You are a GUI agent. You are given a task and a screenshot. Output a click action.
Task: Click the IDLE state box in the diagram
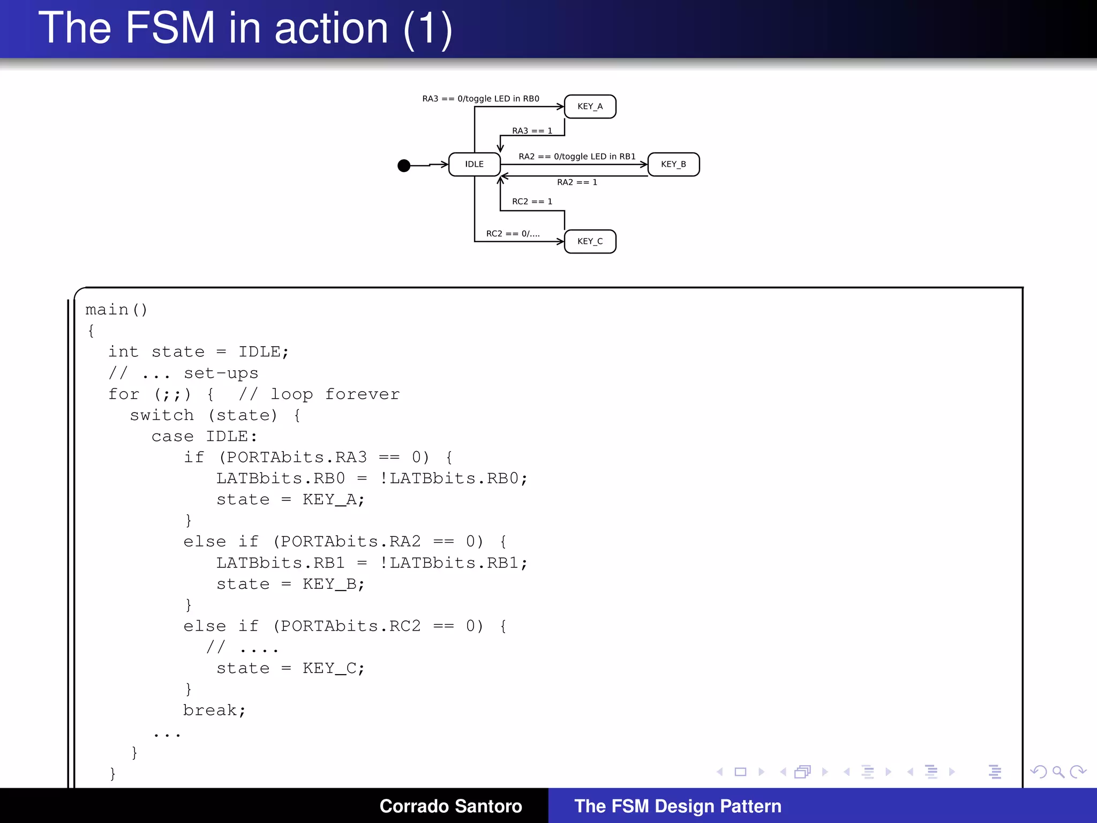474,164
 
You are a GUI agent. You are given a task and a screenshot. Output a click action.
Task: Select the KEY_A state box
590,107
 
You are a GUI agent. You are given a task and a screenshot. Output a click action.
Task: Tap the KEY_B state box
673,164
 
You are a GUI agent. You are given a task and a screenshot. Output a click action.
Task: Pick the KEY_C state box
590,242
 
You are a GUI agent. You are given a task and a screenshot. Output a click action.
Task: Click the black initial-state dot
404,166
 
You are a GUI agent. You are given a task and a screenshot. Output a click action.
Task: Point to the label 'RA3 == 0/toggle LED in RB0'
480,99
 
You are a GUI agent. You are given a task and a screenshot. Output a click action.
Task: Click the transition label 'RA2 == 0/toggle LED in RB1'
577,156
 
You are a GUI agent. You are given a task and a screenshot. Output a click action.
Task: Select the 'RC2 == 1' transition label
532,201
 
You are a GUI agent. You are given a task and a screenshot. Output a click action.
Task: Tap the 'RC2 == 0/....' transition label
513,234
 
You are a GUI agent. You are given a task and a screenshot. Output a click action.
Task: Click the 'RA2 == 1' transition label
577,182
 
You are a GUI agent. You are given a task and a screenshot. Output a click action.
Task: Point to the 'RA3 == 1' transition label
532,131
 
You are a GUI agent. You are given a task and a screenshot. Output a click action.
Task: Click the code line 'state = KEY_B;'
290,584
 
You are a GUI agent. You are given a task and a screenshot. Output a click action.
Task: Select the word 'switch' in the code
162,415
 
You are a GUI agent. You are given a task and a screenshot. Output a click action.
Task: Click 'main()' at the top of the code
116,310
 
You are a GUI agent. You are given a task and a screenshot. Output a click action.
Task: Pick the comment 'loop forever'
335,394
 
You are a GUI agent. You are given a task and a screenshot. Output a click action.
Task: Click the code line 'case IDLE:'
204,437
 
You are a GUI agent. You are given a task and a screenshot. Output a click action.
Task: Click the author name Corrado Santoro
450,806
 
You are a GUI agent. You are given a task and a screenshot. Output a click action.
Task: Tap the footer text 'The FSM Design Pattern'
678,806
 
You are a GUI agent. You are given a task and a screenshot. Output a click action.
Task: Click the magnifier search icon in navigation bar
1058,772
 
